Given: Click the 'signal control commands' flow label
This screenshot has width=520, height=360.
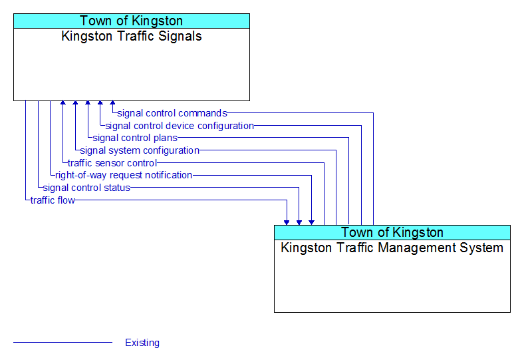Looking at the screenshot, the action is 172,114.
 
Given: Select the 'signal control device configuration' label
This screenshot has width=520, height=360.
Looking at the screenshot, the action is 180,126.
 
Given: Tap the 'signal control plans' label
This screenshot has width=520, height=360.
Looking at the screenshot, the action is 135,138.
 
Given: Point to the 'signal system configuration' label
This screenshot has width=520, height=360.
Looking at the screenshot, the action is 140,150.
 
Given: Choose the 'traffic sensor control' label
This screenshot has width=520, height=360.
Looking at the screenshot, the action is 112,163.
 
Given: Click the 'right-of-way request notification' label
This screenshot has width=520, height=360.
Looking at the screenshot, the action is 124,175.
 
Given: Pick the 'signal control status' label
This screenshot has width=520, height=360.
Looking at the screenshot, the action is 86,188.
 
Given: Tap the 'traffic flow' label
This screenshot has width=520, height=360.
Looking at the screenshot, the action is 53,200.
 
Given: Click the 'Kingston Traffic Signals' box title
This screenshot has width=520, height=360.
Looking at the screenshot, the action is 132,36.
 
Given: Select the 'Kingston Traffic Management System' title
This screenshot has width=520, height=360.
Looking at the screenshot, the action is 392,248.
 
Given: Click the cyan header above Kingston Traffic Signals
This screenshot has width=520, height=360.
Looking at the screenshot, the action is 132,21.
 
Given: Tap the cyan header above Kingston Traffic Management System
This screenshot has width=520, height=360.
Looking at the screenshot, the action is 392,233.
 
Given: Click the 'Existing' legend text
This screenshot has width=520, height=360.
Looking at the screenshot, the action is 142,343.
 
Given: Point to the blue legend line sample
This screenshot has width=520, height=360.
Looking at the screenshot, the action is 63,343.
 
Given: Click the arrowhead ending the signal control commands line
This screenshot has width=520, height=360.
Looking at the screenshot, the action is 113,103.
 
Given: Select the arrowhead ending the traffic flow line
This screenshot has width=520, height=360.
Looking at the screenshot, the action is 287,223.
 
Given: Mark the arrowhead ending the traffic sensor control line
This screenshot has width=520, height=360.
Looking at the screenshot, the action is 63,103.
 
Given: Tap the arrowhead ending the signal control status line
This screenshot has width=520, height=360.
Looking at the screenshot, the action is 299,223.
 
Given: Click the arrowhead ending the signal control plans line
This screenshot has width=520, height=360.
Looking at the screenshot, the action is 88,103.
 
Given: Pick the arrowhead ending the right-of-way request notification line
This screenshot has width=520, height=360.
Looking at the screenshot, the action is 311,223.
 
